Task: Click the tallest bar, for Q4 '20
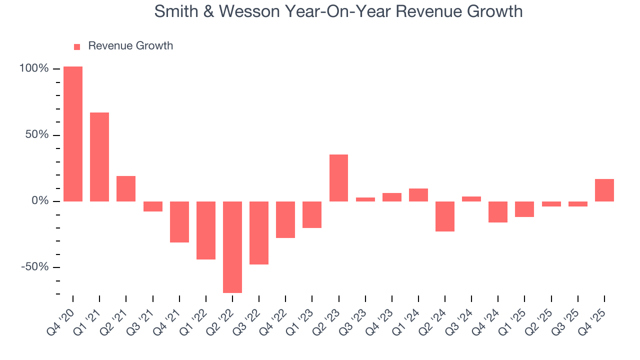tap(73, 134)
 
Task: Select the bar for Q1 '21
tap(99, 157)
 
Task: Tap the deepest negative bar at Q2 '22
tap(232, 247)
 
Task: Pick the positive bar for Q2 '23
tap(339, 178)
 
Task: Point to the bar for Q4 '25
tap(604, 190)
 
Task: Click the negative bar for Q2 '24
tap(445, 216)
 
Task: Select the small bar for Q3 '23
tap(365, 199)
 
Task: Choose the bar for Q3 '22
tap(259, 233)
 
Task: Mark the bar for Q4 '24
tap(498, 212)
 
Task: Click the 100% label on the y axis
tap(34, 68)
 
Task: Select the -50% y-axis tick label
tap(35, 267)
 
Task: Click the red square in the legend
tap(77, 47)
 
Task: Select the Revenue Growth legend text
tap(130, 46)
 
